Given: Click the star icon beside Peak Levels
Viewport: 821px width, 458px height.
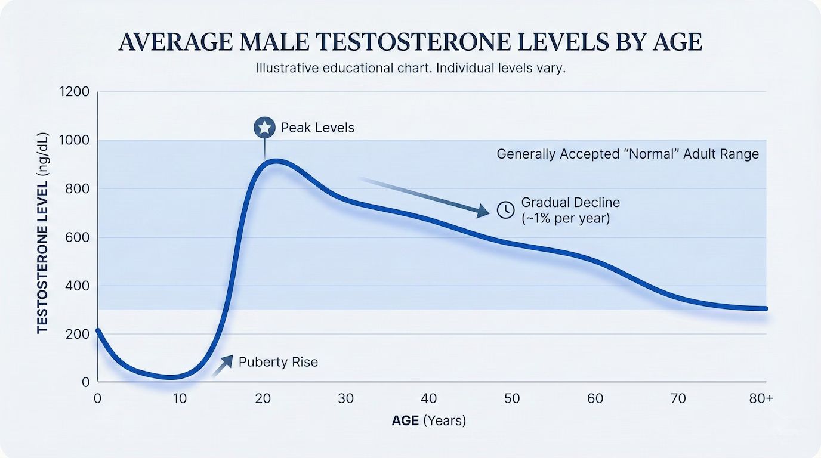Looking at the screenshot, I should pyautogui.click(x=264, y=128).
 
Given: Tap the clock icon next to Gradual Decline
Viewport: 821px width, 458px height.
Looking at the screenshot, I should pyautogui.click(x=505, y=210).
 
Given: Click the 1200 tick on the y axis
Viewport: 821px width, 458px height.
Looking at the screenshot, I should pyautogui.click(x=75, y=92).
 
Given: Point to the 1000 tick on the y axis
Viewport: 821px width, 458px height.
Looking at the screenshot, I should pyautogui.click(x=75, y=140).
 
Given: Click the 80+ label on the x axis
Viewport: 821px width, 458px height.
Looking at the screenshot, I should pyautogui.click(x=761, y=399).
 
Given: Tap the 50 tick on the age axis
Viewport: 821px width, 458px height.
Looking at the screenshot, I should pyautogui.click(x=512, y=399).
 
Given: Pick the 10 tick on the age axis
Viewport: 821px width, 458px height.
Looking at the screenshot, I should pyautogui.click(x=180, y=399).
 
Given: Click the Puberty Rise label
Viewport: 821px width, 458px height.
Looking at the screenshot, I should pyautogui.click(x=278, y=362).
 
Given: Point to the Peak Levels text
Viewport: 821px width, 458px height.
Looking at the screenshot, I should pyautogui.click(x=317, y=128).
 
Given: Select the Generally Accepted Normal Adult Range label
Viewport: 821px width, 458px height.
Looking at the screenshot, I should pyautogui.click(x=628, y=154).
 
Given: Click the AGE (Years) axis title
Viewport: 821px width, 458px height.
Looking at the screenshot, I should pyautogui.click(x=428, y=420).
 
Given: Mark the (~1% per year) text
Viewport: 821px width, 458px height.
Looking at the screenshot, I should pyautogui.click(x=566, y=218).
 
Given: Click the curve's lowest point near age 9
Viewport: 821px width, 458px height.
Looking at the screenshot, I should pyautogui.click(x=171, y=377).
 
